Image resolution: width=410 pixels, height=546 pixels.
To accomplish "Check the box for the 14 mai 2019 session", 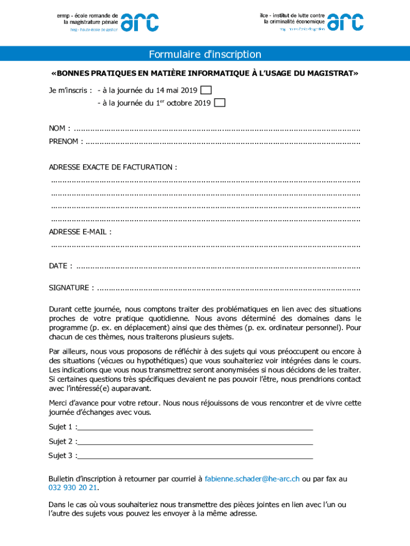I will tap(206, 90).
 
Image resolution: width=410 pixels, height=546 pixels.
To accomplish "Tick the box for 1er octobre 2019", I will tap(219, 102).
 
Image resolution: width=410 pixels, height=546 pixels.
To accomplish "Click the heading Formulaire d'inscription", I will tap(205, 54).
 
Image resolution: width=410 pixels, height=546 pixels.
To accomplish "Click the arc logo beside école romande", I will tap(140, 22).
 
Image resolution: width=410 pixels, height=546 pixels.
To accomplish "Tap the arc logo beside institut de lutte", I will tap(346, 22).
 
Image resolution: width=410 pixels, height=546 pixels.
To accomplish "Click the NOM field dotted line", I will tap(217, 130).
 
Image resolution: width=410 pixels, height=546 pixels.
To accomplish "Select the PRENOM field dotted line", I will tap(223, 142).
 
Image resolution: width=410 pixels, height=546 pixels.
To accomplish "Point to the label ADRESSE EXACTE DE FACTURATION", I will tap(112, 167).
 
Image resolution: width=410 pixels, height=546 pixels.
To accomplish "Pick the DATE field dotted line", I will tap(218, 267).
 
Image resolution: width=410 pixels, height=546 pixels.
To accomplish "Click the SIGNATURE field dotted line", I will tap(229, 289).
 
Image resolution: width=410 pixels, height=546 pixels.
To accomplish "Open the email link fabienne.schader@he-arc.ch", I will tap(252, 479).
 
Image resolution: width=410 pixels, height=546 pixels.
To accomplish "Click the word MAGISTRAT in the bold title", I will tap(330, 73).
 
